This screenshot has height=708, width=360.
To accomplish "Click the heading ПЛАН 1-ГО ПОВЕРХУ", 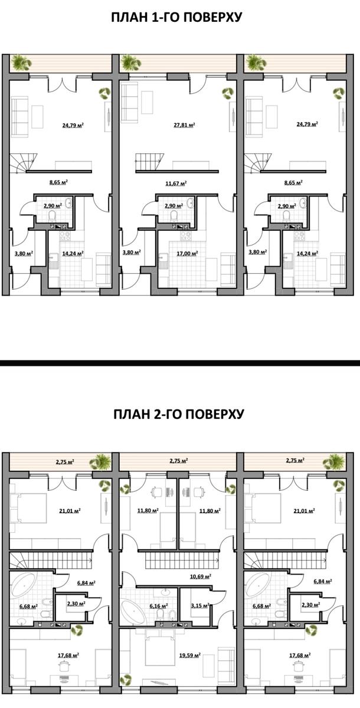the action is click(x=176, y=17).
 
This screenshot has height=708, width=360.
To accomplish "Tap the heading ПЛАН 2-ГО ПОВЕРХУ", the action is click(x=179, y=414).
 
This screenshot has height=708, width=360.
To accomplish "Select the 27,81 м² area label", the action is click(x=184, y=125).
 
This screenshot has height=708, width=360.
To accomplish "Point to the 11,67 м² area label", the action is click(x=176, y=183).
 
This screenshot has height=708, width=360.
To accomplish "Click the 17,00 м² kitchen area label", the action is click(x=187, y=253).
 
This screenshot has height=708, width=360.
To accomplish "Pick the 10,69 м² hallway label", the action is click(x=201, y=576).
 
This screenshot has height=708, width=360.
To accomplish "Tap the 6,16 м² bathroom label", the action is click(x=158, y=606).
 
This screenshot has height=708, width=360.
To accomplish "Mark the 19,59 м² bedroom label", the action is click(x=189, y=655).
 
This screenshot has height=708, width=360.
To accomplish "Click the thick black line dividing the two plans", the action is click(x=180, y=363).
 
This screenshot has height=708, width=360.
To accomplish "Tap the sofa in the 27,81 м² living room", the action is click(x=129, y=101).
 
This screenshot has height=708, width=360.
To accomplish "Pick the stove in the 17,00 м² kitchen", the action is click(x=185, y=235).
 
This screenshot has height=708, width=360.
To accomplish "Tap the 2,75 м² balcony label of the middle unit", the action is click(x=179, y=461).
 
